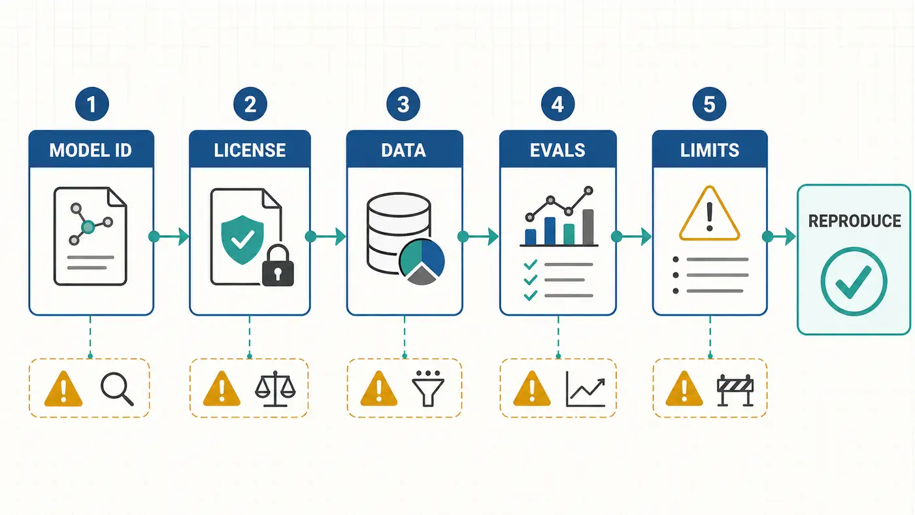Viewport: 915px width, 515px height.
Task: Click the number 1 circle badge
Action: [92, 104]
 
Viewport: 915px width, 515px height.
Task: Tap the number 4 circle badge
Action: [557, 104]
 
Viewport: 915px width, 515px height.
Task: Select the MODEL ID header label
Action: [91, 150]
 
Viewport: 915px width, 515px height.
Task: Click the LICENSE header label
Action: [250, 150]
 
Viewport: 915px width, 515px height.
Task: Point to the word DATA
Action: [404, 150]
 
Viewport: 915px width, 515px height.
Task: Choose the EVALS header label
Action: [557, 150]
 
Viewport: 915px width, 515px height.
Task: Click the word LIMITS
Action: [710, 150]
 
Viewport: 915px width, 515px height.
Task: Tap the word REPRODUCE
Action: [855, 221]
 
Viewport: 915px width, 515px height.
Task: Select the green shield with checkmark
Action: [242, 240]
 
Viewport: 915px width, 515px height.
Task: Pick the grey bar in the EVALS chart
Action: [588, 227]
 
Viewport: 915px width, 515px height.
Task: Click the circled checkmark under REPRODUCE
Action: [854, 282]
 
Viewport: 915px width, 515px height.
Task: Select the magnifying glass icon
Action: [117, 390]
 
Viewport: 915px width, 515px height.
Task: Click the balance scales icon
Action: [275, 389]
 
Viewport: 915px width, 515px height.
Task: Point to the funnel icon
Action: [427, 389]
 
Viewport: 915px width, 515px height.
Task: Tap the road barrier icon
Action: [735, 390]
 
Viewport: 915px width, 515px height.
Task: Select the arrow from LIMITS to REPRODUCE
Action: [779, 237]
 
